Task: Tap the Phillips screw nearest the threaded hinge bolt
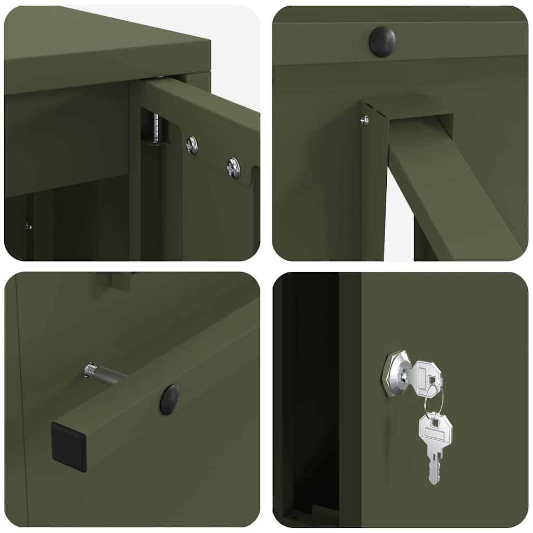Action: coord(193,145)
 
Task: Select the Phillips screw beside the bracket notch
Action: coord(233,168)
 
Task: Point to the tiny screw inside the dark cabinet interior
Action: coord(29,226)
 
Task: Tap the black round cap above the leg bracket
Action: coord(382,42)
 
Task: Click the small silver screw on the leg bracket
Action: coord(365,120)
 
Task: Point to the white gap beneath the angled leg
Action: coord(398,219)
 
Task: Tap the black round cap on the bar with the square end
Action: coord(170,400)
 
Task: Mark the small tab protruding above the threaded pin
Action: coord(121,281)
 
